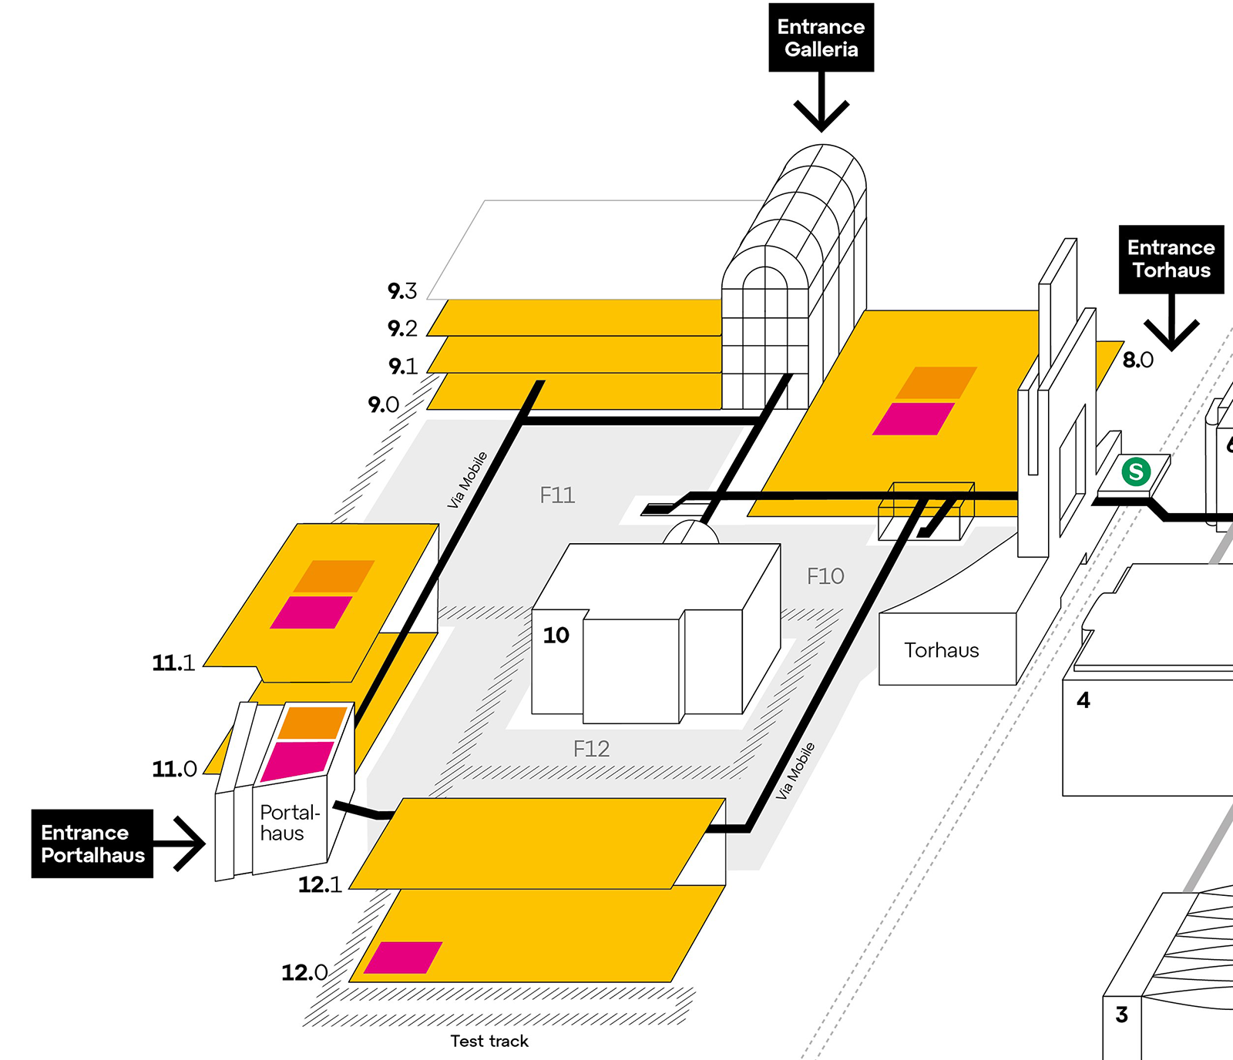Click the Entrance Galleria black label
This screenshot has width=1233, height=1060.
click(x=821, y=38)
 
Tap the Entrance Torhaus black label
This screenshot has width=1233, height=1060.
click(x=1171, y=259)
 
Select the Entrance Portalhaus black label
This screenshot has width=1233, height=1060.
click(x=92, y=844)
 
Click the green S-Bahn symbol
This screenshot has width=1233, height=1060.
click(x=1136, y=471)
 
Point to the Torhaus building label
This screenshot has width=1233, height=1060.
click(x=941, y=650)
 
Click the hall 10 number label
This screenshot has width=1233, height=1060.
click(x=556, y=636)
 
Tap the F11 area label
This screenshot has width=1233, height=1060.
click(x=557, y=495)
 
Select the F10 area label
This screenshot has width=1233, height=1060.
click(x=825, y=576)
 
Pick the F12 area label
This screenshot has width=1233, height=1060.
click(x=591, y=749)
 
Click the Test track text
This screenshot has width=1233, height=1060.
click(x=489, y=1041)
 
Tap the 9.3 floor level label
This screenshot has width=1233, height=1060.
click(x=402, y=291)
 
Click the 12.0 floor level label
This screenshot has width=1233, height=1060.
click(x=304, y=972)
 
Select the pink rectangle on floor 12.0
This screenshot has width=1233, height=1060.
click(x=402, y=958)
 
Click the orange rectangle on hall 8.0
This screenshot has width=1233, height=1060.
click(x=936, y=383)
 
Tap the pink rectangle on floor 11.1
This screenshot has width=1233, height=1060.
click(x=311, y=612)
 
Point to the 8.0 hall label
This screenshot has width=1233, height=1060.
click(x=1137, y=360)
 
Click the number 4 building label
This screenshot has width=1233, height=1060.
click(x=1083, y=700)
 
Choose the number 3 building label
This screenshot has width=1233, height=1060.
click(x=1121, y=1015)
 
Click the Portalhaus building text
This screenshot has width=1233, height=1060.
click(x=288, y=823)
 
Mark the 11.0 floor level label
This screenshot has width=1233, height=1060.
click(x=175, y=769)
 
